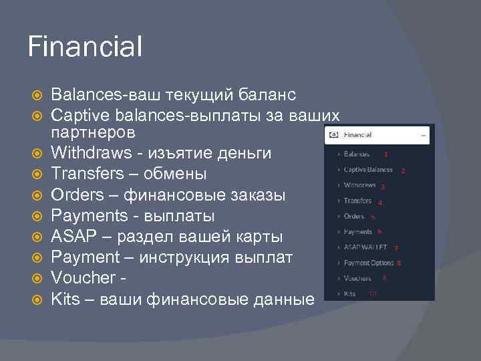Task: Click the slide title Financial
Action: (85, 47)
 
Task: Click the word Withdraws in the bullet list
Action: (92, 153)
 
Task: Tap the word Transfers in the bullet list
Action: (89, 174)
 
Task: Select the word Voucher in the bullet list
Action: (85, 278)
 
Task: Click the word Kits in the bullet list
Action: (65, 299)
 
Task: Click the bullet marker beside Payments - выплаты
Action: (37, 216)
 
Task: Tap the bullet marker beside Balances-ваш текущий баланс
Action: (37, 91)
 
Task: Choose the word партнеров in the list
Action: (94, 132)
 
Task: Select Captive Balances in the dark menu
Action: (368, 170)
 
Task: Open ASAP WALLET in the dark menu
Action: (365, 247)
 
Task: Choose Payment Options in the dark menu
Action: (368, 263)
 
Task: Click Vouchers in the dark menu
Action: (357, 278)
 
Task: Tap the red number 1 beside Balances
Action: (385, 154)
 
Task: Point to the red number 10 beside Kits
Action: (372, 293)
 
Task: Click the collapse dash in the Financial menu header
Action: (423, 134)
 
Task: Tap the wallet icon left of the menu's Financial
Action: (334, 134)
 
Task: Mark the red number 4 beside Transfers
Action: (379, 203)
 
